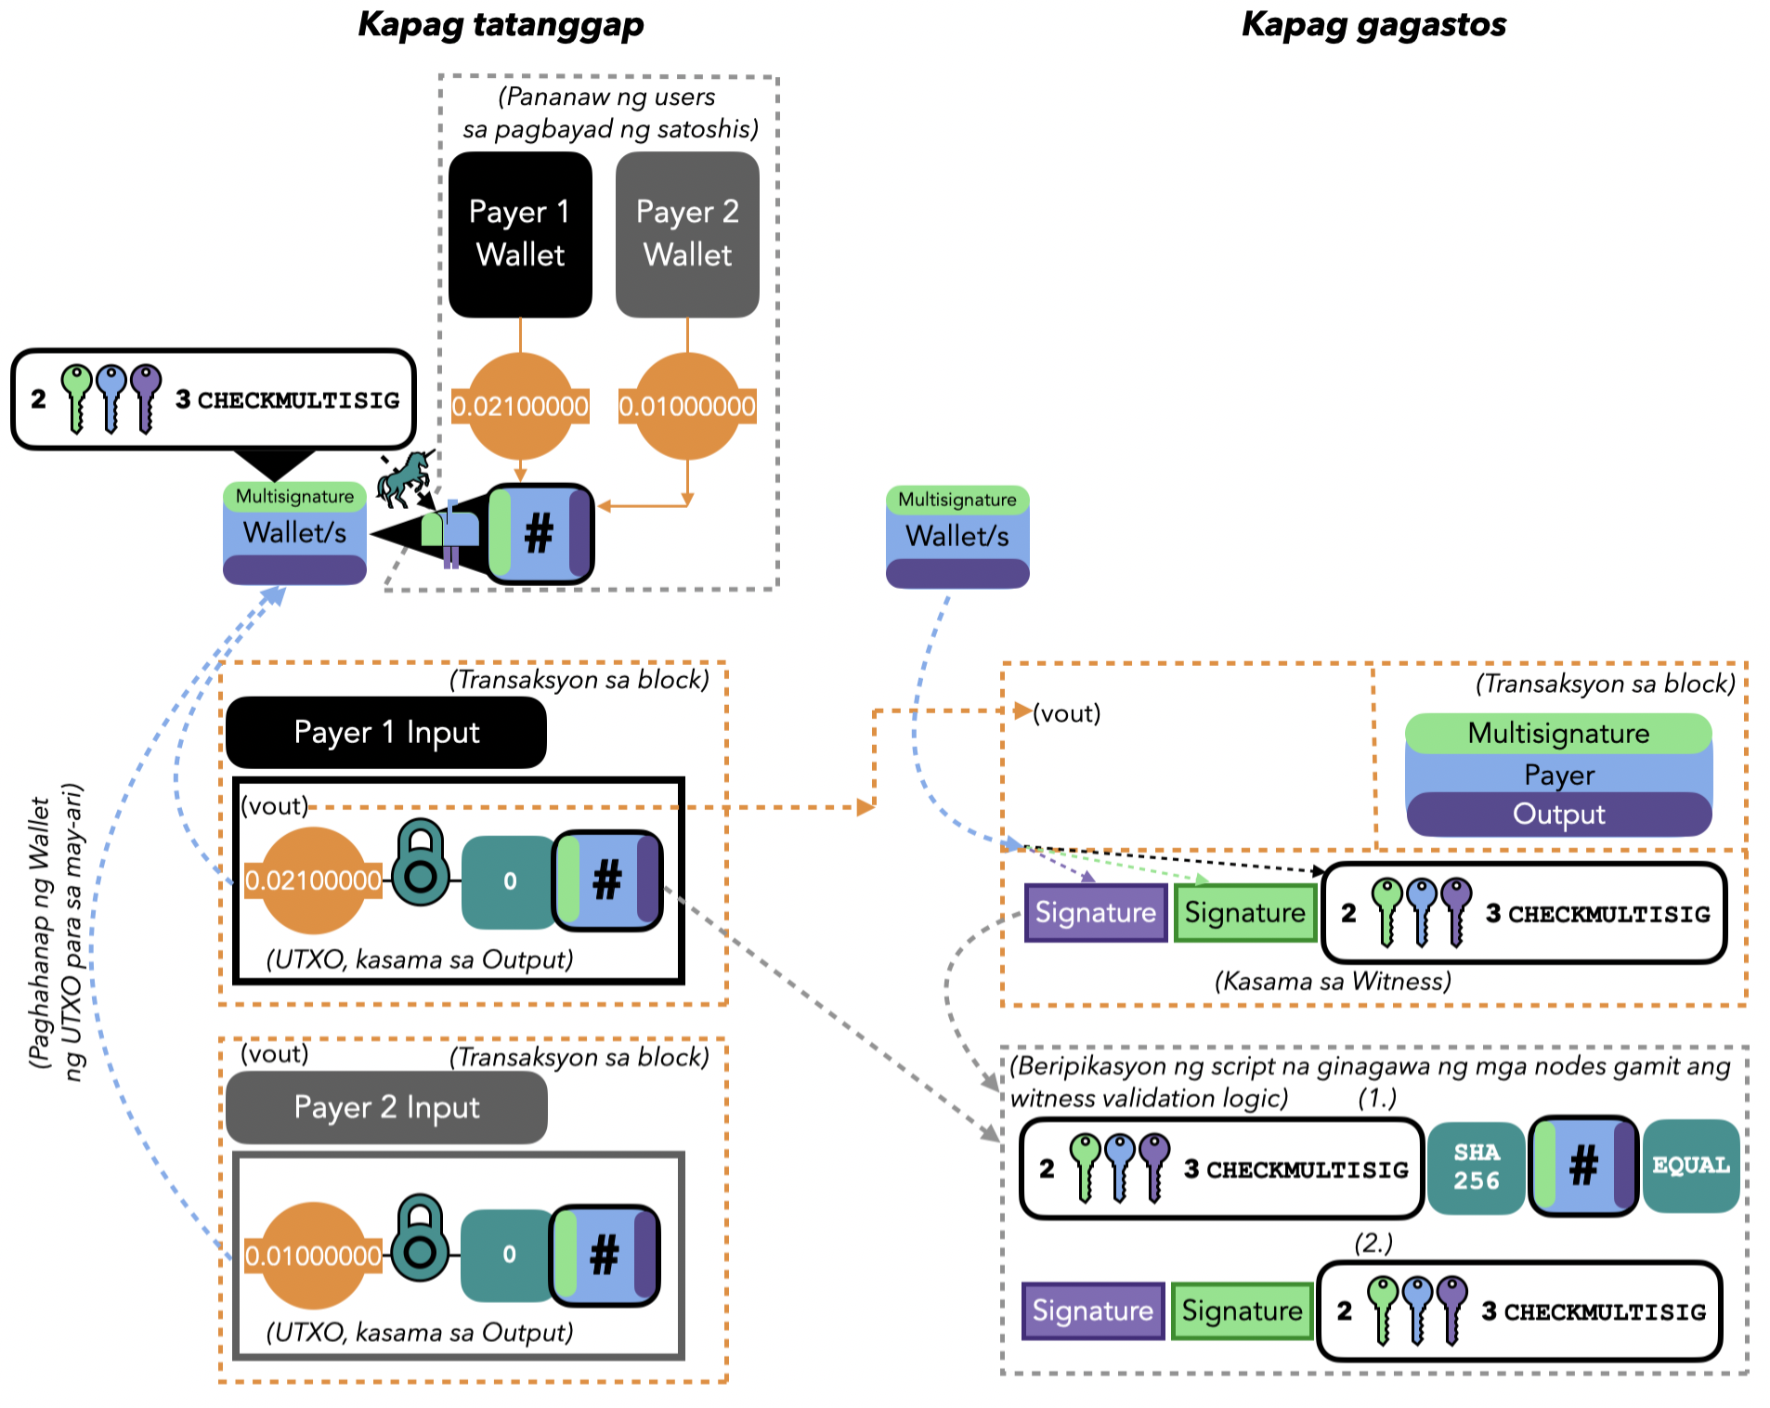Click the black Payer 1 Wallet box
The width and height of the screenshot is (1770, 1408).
520,234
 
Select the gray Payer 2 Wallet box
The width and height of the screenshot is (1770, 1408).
687,234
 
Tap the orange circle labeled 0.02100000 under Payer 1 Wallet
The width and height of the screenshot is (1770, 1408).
520,406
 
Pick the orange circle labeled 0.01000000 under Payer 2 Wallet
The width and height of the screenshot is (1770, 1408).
687,406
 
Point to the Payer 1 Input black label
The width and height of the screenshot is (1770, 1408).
386,733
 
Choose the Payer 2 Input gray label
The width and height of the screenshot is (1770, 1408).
386,1107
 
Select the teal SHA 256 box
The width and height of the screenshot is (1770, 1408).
1476,1167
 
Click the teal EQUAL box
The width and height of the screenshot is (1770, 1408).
1691,1166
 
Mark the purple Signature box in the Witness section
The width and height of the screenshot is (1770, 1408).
1096,913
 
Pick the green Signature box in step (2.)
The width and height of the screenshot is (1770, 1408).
1242,1310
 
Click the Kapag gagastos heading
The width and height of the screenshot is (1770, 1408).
1373,24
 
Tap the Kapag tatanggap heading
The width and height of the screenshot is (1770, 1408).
501,24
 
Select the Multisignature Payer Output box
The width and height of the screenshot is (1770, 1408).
1558,775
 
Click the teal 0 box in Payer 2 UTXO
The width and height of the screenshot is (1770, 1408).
509,1255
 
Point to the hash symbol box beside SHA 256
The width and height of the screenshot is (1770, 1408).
1583,1166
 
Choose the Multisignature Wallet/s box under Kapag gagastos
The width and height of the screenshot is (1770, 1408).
957,537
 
